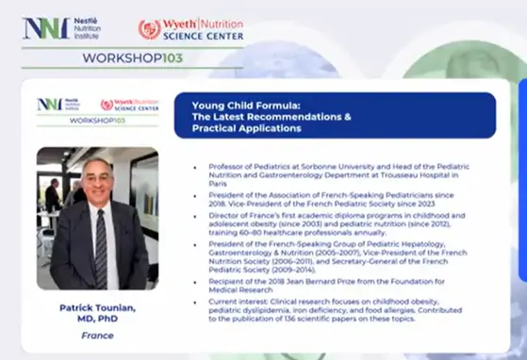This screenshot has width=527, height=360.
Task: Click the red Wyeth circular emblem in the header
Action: [x=149, y=28]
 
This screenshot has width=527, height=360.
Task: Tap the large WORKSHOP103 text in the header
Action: [x=138, y=57]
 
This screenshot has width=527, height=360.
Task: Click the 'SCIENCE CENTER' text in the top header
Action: [x=205, y=36]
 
